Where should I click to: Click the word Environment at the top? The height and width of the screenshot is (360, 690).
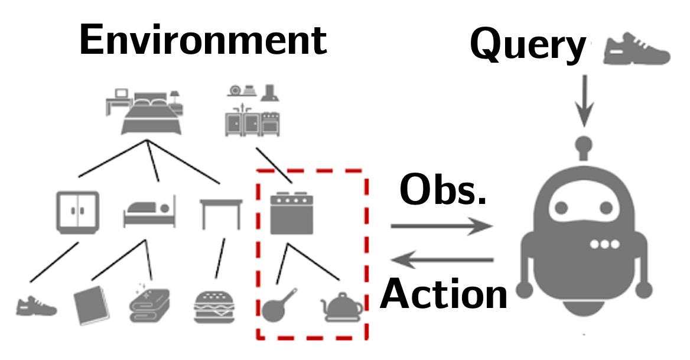pyautogui.click(x=202, y=40)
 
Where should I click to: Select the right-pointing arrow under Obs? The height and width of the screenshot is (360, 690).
pyautogui.click(x=441, y=226)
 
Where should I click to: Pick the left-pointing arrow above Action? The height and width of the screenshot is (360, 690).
pyautogui.click(x=443, y=259)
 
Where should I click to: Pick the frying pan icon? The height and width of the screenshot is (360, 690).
pyautogui.click(x=278, y=305)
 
